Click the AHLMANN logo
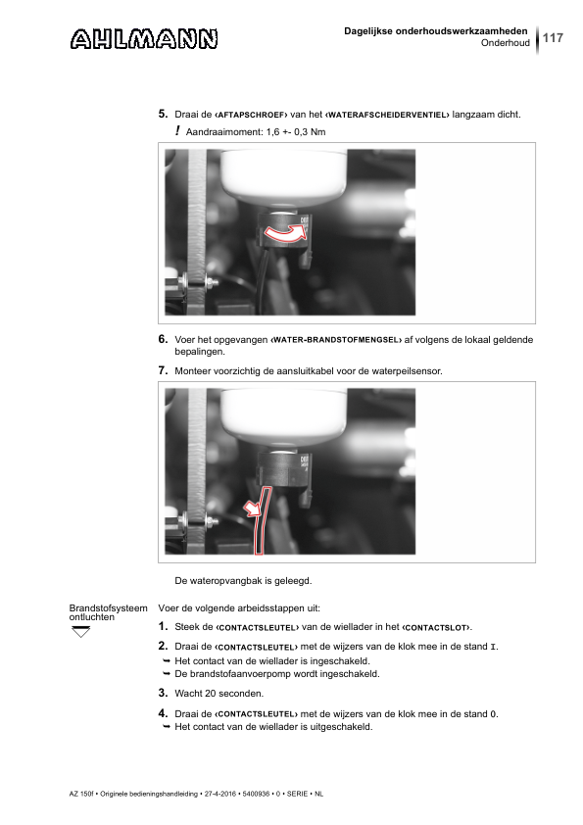coord(144,39)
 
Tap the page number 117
coord(553,38)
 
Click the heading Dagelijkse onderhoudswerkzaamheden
coord(436,31)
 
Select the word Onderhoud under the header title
coord(506,43)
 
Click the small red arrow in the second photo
coord(252,509)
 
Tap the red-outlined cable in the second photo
coord(261,520)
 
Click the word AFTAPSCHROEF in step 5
coord(251,115)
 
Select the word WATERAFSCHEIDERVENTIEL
coord(387,115)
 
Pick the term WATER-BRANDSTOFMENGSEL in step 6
coord(336,340)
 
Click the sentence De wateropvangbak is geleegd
coord(243,581)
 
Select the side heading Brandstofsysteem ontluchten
coord(109,613)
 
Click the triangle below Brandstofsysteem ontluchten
coord(81,632)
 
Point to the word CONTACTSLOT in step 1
coord(436,628)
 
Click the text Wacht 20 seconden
coord(219,694)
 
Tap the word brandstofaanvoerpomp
coord(246,674)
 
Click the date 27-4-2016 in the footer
coord(219,794)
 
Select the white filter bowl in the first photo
coord(284,174)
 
